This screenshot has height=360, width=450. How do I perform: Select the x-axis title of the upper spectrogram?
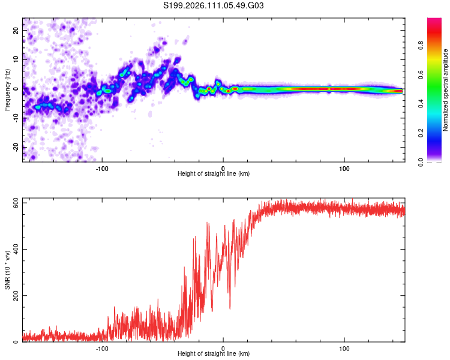(x=214, y=173)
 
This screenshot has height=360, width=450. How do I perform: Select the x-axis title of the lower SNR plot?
(x=214, y=354)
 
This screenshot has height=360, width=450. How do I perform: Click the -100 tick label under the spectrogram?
(x=102, y=167)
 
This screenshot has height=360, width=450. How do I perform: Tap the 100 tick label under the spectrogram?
(x=344, y=167)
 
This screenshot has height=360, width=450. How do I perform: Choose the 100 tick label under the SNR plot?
(x=344, y=348)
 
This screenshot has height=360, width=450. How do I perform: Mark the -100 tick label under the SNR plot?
(x=102, y=348)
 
